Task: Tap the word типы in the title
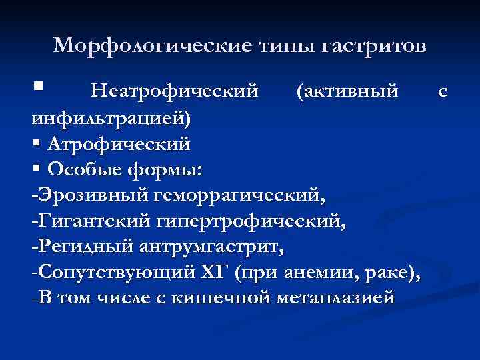pos(285,46)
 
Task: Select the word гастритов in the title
pos(374,46)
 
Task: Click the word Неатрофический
pos(174,90)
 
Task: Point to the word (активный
pos(347,90)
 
